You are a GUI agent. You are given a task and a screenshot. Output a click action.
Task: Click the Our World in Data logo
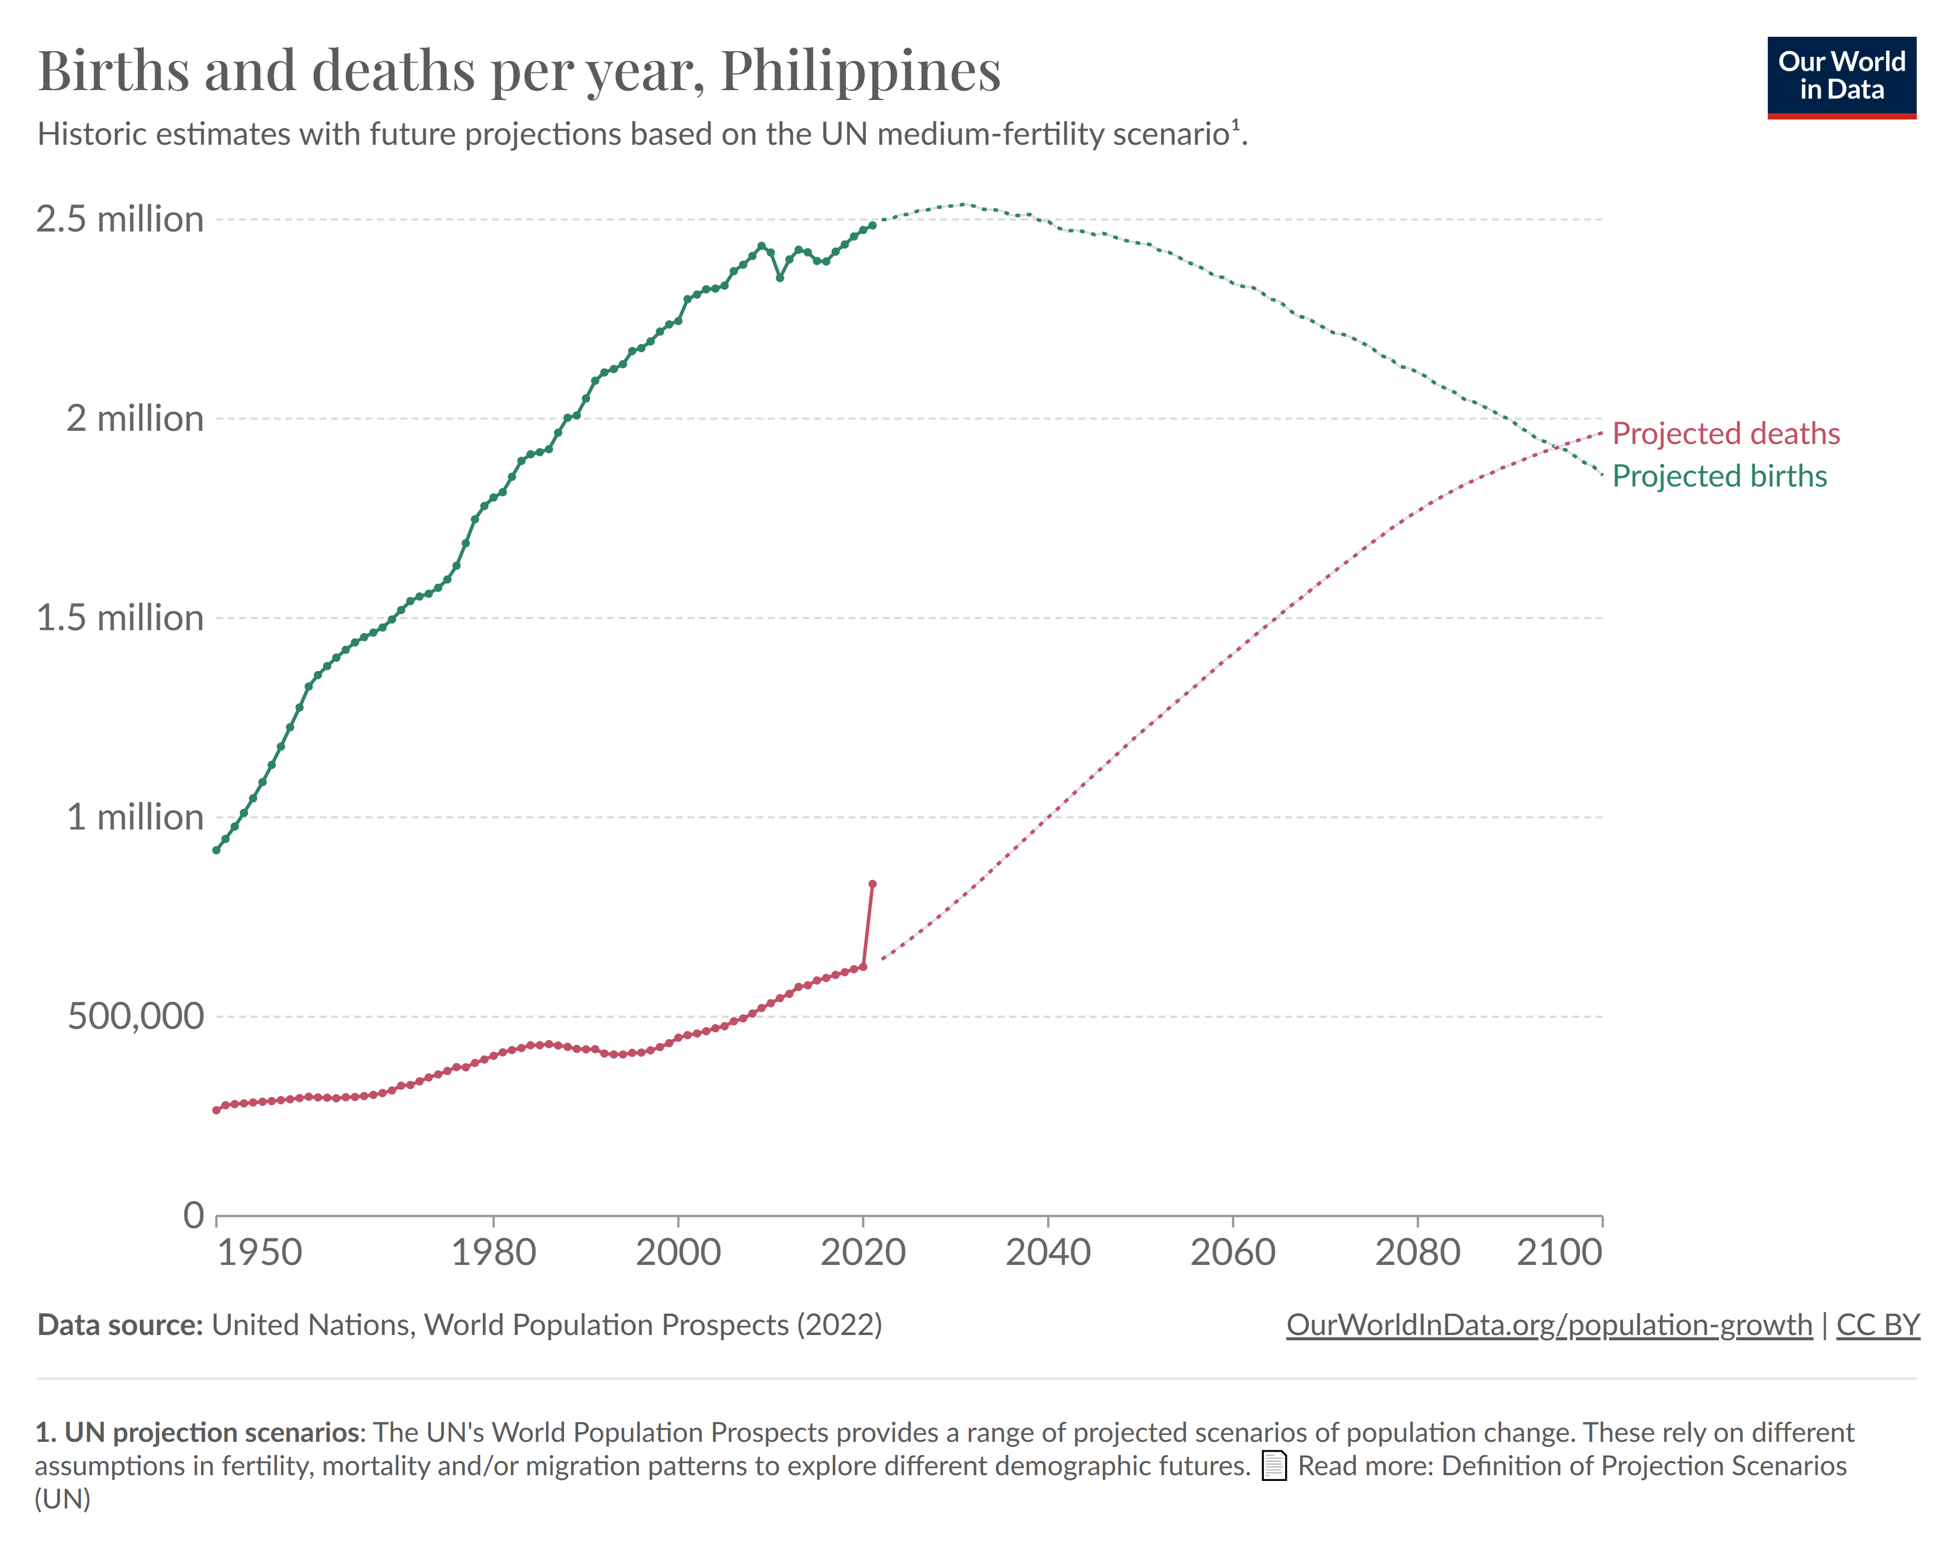point(1841,77)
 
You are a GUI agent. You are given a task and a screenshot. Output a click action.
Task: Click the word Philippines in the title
point(860,71)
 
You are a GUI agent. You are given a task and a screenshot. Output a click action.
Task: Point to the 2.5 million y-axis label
point(120,219)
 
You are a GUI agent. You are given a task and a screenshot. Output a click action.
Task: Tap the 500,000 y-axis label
point(136,1017)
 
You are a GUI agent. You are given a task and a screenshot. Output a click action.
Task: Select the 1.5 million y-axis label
point(120,618)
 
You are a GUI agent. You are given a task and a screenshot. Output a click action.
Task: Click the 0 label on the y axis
point(193,1215)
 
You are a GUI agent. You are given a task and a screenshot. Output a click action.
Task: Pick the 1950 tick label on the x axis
point(259,1253)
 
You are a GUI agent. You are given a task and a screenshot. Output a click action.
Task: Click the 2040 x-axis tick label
point(1048,1253)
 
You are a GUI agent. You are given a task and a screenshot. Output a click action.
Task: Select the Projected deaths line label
point(1726,433)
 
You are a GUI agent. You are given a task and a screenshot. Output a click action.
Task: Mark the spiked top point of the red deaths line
point(872,883)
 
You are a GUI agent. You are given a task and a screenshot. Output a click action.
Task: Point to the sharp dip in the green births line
point(779,277)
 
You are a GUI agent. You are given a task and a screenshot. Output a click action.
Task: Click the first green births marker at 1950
point(216,850)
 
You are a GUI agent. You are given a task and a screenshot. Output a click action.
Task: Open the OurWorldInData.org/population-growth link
point(1549,1325)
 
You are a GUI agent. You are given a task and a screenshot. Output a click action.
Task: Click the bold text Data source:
point(120,1325)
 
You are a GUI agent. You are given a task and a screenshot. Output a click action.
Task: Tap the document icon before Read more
point(1274,1466)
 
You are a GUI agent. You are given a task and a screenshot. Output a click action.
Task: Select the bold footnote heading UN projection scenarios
point(211,1432)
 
